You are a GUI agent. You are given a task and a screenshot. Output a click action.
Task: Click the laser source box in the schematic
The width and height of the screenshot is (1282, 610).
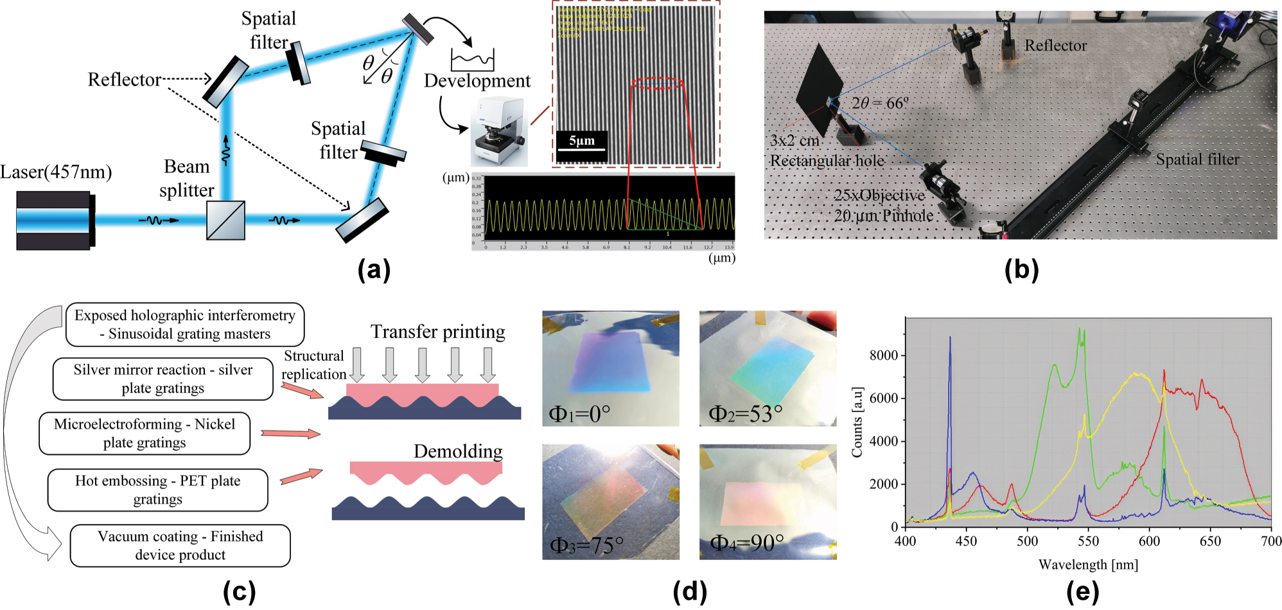(55, 220)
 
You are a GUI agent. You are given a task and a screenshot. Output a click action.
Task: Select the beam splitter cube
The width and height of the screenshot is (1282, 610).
(225, 220)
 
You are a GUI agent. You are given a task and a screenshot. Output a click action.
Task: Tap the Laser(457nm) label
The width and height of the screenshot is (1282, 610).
(56, 172)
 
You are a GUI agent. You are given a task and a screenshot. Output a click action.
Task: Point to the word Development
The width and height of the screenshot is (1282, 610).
(477, 81)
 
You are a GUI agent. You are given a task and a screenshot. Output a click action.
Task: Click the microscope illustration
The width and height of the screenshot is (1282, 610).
(498, 132)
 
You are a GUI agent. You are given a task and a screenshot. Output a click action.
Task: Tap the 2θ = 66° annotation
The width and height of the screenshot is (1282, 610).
(880, 103)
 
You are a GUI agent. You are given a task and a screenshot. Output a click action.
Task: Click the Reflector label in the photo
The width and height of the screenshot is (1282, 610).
(1055, 46)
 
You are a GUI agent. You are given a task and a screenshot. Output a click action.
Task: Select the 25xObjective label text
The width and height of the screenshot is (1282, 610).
(879, 195)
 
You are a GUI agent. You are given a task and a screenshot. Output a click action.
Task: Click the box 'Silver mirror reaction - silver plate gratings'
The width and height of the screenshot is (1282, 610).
(163, 379)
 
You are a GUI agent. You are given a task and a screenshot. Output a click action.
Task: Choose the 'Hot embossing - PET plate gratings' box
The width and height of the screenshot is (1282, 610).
(158, 490)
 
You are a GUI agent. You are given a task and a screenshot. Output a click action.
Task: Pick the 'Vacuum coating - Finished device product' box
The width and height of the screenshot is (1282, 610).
(180, 546)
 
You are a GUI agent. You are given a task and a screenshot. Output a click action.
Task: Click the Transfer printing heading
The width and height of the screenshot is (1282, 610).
(437, 332)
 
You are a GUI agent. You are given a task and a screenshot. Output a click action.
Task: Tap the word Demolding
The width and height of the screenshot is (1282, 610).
(458, 451)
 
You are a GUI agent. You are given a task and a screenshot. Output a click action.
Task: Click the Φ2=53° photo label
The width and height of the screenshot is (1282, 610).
(745, 413)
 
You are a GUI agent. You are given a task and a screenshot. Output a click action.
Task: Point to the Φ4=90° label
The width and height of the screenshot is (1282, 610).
(747, 543)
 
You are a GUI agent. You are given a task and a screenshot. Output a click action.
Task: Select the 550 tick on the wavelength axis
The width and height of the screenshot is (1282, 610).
(1088, 541)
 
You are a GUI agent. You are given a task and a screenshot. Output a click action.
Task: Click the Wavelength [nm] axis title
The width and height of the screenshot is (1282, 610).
(1088, 565)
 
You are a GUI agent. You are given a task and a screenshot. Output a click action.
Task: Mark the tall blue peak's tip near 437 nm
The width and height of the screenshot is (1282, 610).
(950, 337)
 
